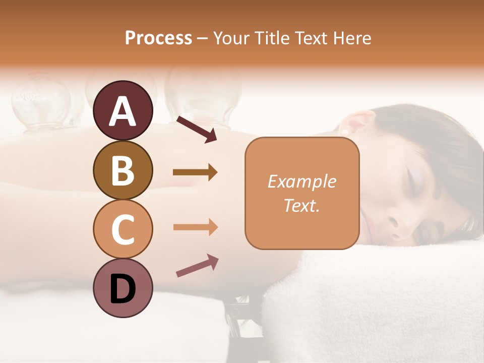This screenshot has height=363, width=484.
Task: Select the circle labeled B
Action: (x=123, y=170)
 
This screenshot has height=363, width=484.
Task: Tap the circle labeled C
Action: (x=123, y=229)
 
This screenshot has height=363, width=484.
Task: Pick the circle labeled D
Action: (x=123, y=288)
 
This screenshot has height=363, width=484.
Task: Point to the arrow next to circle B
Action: (x=195, y=172)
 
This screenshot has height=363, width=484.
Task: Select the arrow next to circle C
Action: (x=195, y=227)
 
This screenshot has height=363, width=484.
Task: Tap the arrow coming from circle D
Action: (x=197, y=266)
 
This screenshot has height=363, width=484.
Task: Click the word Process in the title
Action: (x=158, y=38)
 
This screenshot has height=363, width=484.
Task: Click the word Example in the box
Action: (x=301, y=181)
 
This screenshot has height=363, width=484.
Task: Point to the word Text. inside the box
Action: (x=301, y=205)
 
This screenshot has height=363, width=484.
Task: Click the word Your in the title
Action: (x=231, y=38)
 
